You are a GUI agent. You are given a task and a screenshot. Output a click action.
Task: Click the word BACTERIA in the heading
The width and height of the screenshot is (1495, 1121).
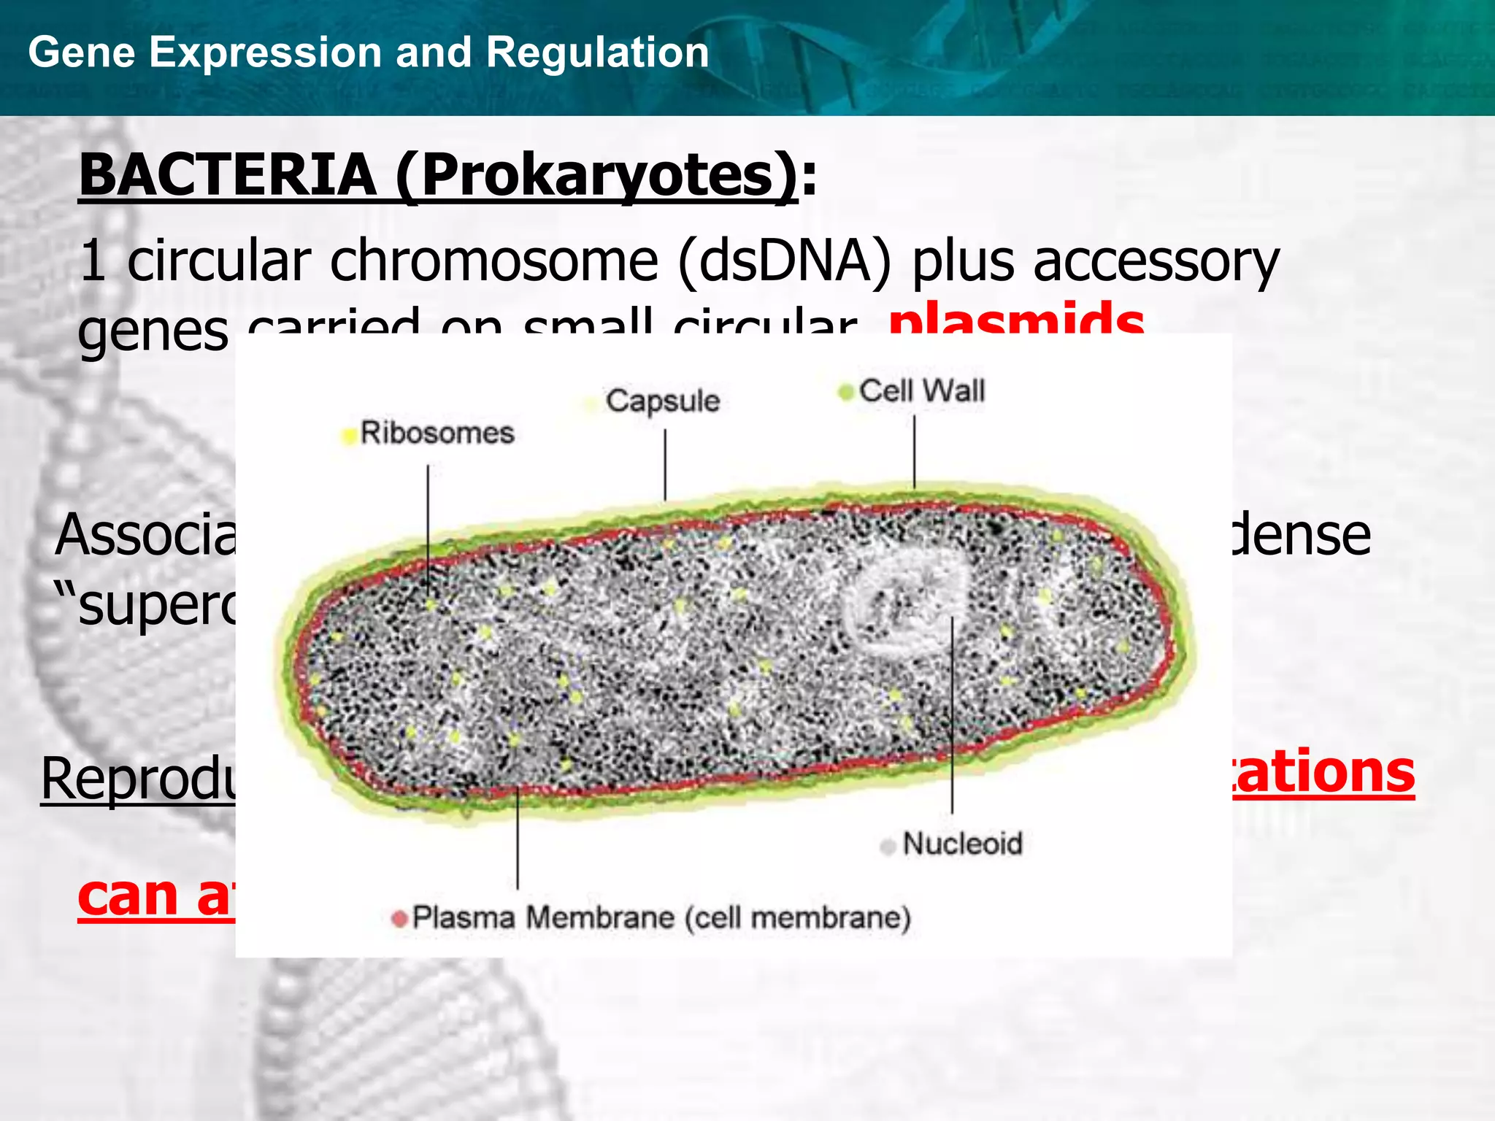tap(227, 175)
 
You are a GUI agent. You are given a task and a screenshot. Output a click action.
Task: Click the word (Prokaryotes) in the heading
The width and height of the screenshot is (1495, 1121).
tap(598, 175)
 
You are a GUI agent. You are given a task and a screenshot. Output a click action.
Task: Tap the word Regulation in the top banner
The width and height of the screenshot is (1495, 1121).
tap(597, 53)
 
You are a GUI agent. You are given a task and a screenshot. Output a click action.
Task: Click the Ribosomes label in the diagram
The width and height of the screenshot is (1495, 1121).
tap(437, 433)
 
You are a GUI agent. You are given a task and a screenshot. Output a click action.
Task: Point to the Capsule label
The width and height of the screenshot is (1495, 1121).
tap(662, 401)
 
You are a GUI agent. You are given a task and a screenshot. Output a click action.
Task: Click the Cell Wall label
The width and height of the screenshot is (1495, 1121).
tap(921, 390)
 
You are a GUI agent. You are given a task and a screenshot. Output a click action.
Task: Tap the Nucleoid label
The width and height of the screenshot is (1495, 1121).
tap(962, 844)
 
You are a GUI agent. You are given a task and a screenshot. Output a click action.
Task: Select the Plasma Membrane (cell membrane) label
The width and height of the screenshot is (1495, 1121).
tap(661, 917)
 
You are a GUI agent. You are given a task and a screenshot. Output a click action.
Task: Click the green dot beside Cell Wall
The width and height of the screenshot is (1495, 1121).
tap(845, 393)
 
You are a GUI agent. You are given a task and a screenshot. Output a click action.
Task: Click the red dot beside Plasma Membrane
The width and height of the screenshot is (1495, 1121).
tap(399, 919)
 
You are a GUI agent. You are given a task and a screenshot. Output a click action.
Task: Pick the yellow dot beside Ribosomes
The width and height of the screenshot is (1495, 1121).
tap(349, 436)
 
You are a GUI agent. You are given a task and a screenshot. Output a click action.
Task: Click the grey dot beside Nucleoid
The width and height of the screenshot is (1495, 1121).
tap(888, 847)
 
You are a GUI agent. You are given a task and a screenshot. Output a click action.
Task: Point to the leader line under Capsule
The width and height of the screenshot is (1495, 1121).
tap(665, 464)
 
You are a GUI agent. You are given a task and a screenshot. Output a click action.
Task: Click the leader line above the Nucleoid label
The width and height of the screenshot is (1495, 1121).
tap(952, 715)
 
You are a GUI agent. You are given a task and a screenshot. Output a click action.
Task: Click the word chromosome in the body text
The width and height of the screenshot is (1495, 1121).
tap(494, 261)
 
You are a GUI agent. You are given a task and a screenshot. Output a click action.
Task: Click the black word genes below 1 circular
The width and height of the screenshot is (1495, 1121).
tap(153, 330)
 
